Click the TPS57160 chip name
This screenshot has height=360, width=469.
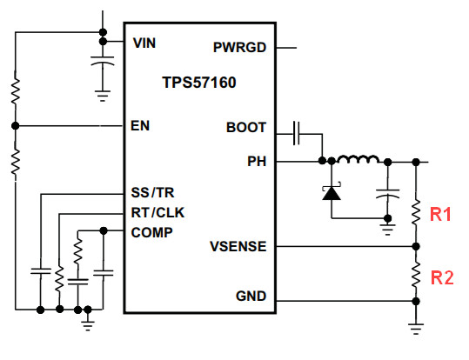(199, 83)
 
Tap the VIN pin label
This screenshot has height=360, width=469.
(144, 43)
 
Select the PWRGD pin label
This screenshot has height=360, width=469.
(239, 47)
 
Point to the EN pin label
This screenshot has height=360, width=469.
(140, 125)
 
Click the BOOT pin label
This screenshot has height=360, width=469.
(246, 127)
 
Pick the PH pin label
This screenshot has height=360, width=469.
(257, 161)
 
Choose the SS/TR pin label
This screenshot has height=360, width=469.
(152, 192)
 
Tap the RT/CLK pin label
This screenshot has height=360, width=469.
(158, 212)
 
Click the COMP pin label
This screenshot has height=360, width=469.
(152, 232)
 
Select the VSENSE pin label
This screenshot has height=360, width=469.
(238, 246)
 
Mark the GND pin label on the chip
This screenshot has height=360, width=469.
(251, 296)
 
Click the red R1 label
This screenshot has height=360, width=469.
(440, 214)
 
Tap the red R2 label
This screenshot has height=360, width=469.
(442, 277)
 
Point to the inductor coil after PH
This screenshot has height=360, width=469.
(358, 159)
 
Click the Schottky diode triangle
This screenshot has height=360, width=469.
(332, 193)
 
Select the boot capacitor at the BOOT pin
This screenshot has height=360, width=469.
(297, 133)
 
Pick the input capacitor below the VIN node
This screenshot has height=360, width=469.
(103, 60)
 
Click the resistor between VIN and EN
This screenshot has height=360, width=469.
(16, 91)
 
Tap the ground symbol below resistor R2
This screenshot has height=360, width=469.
(416, 329)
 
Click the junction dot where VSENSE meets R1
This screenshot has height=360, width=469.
(416, 246)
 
